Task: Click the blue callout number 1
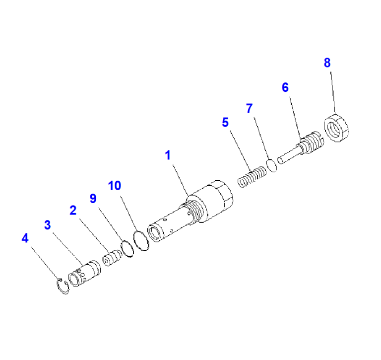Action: point(168,155)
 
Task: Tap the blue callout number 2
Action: point(73,210)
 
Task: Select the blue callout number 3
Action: point(48,225)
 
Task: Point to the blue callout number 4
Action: point(25,238)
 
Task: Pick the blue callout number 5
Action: point(225,122)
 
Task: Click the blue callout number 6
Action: point(285,87)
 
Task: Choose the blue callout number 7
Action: point(250,108)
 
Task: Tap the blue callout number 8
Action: point(327,63)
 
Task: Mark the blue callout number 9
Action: point(93,199)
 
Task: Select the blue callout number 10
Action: point(115,186)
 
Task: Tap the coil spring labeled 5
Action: point(252,177)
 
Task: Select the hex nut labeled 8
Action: point(336,128)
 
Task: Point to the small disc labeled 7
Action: point(272,165)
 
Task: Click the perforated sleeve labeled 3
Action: point(84,274)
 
